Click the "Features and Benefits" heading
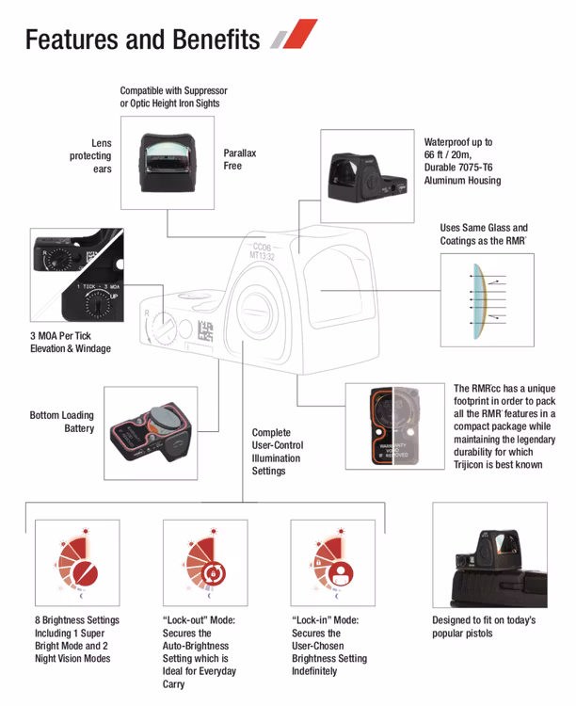tap(142, 40)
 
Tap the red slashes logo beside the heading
tap(293, 37)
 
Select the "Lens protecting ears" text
tap(90, 156)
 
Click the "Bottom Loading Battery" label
tap(62, 422)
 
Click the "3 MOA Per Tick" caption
tap(71, 342)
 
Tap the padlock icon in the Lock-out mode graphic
tap(213, 571)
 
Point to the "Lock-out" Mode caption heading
tap(199, 620)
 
